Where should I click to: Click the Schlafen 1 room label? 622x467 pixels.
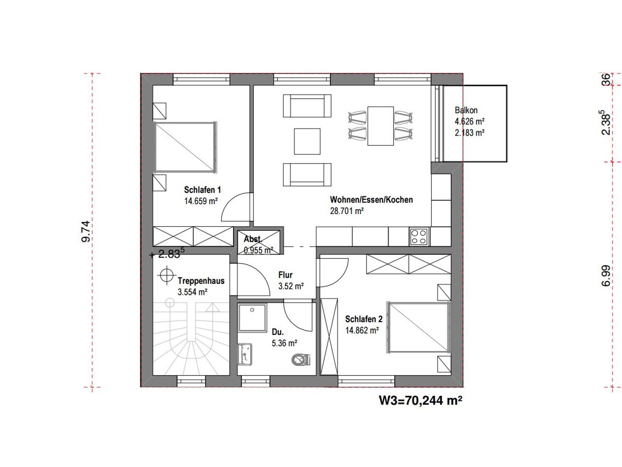(202, 190)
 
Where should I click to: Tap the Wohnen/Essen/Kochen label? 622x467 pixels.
(371, 200)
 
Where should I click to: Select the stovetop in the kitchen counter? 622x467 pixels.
(419, 237)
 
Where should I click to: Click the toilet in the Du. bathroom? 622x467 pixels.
(301, 360)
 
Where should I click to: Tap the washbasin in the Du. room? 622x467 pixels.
(245, 354)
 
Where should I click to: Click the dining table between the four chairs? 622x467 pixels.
(381, 126)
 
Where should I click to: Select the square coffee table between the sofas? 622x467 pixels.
(307, 141)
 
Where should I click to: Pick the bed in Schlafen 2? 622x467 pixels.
(418, 327)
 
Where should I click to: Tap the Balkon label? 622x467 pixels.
(466, 110)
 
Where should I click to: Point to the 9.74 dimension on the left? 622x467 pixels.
(86, 231)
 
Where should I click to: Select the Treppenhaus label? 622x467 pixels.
(201, 281)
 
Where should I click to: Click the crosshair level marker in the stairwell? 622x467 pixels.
(167, 275)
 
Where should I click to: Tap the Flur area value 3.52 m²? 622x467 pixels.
(291, 286)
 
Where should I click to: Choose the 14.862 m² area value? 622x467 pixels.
(362, 330)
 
